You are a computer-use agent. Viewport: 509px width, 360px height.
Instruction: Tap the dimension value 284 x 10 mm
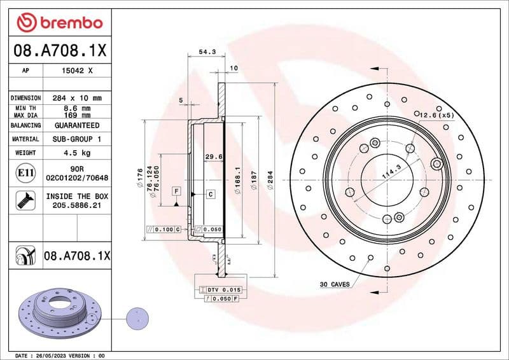78,98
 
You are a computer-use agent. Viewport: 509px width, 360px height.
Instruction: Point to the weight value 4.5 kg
78,153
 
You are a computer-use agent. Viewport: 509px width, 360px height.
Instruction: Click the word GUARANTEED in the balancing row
78,126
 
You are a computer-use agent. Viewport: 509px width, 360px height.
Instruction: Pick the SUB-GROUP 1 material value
78,139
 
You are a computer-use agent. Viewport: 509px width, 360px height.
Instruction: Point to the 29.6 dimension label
213,156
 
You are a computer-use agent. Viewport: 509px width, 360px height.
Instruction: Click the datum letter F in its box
176,191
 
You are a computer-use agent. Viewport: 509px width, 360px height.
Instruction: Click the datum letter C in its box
209,193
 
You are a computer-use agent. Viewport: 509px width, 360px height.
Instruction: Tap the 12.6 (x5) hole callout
437,115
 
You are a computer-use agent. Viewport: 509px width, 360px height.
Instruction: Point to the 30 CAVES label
335,284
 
